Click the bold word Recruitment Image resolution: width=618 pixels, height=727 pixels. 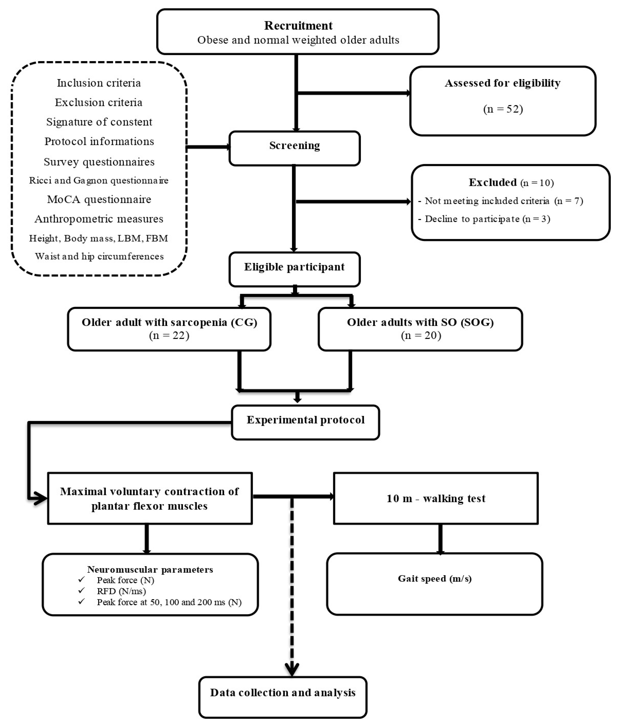click(x=298, y=26)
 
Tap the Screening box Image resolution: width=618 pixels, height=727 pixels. click(x=294, y=148)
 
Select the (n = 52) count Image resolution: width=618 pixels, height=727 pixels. click(x=503, y=109)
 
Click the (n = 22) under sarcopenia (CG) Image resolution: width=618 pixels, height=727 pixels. click(x=169, y=336)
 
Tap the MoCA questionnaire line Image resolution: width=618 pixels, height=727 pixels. click(x=99, y=199)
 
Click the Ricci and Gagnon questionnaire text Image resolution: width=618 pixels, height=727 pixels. click(x=99, y=180)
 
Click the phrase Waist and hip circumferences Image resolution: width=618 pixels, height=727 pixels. click(x=99, y=256)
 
